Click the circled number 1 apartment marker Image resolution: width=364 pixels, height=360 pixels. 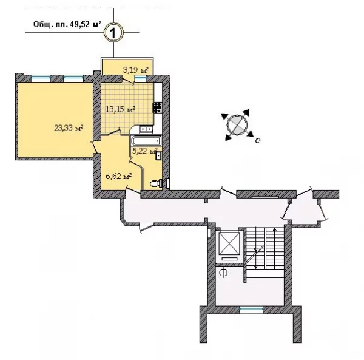(x=113, y=33)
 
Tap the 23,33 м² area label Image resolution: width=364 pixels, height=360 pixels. (x=69, y=128)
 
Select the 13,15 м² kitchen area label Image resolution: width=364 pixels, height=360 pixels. (x=120, y=109)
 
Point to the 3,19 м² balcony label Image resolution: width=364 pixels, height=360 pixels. (x=135, y=70)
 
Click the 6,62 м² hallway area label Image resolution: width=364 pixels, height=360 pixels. (x=119, y=176)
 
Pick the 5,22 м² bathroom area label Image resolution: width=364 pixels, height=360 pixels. (x=145, y=151)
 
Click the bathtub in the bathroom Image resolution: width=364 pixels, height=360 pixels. (x=146, y=140)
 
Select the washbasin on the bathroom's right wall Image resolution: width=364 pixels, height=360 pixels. (x=159, y=155)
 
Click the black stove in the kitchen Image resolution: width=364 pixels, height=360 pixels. (x=157, y=107)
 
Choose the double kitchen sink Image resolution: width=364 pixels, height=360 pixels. (x=146, y=129)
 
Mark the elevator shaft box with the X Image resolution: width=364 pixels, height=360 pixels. (x=229, y=243)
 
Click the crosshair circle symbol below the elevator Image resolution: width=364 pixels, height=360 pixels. (x=223, y=273)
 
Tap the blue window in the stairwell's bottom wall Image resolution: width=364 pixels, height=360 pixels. (x=251, y=310)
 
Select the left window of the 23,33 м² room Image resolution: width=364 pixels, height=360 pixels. (x=41, y=78)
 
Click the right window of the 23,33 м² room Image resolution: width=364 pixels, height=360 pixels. (x=73, y=78)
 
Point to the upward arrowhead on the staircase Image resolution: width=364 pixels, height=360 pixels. (x=275, y=230)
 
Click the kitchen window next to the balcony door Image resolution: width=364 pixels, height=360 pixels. (x=141, y=79)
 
